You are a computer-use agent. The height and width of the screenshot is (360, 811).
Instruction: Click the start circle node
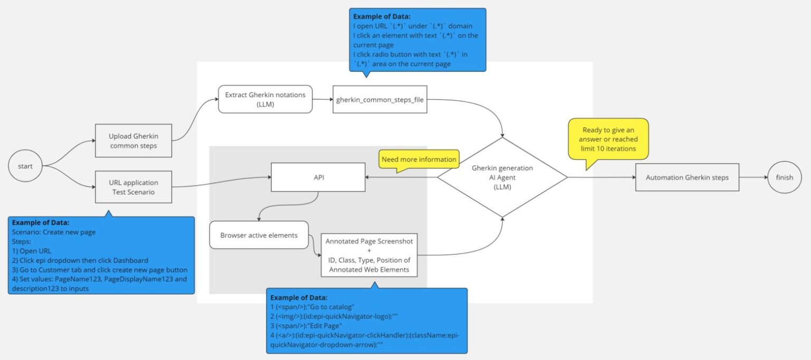tap(25, 166)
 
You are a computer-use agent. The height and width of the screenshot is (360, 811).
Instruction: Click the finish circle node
tap(784, 177)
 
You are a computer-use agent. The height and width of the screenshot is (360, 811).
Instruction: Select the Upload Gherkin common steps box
tap(134, 141)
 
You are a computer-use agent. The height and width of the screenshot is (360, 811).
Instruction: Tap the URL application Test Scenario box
tap(134, 187)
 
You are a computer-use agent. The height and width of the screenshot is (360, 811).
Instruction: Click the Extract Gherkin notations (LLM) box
tap(265, 99)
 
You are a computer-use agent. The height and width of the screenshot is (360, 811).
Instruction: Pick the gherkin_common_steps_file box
tap(380, 99)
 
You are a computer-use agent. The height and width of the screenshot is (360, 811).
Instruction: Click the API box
tap(318, 177)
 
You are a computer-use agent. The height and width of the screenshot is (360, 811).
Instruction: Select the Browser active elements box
tap(259, 235)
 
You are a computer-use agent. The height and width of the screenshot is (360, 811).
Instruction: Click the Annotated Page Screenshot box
tap(370, 254)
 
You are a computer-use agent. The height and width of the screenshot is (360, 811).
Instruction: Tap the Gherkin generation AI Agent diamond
tap(502, 177)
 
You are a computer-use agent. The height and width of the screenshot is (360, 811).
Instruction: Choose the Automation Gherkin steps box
tap(687, 177)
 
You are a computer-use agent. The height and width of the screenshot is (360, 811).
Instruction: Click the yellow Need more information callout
tap(418, 159)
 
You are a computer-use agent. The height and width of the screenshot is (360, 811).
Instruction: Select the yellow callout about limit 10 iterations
tap(608, 139)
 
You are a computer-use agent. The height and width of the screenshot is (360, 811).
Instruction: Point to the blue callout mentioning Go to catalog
tap(366, 320)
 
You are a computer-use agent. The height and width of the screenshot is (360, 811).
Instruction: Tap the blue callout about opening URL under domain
tap(417, 40)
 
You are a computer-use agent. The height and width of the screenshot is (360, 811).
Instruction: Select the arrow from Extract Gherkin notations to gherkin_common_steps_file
tap(323, 99)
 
